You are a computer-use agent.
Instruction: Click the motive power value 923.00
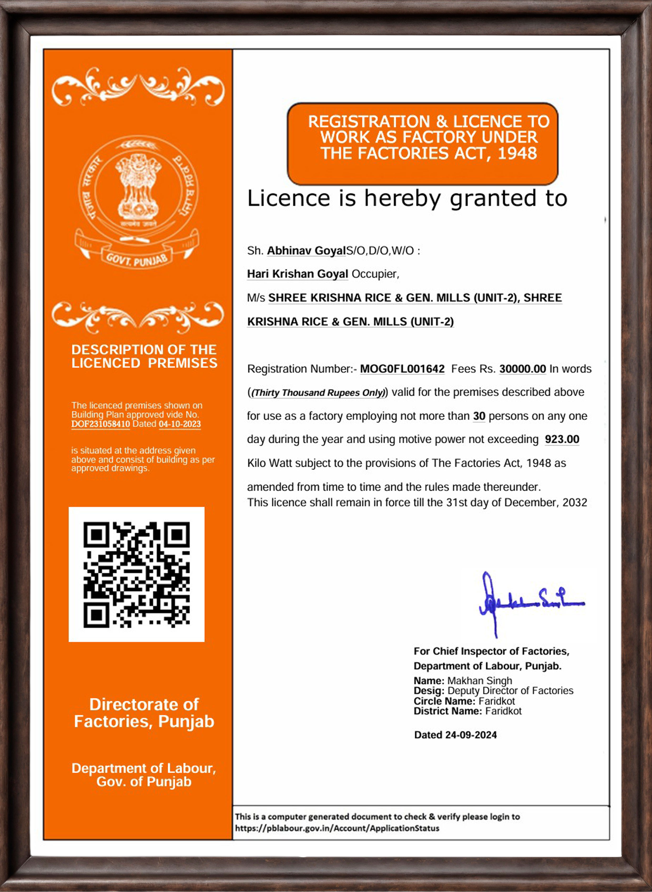[x=562, y=439]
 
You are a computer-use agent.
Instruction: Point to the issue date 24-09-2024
[x=471, y=735]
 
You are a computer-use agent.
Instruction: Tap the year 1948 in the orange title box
[x=517, y=153]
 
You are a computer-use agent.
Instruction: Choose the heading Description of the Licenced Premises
[x=144, y=356]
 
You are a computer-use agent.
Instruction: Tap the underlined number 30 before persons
[x=479, y=416]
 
